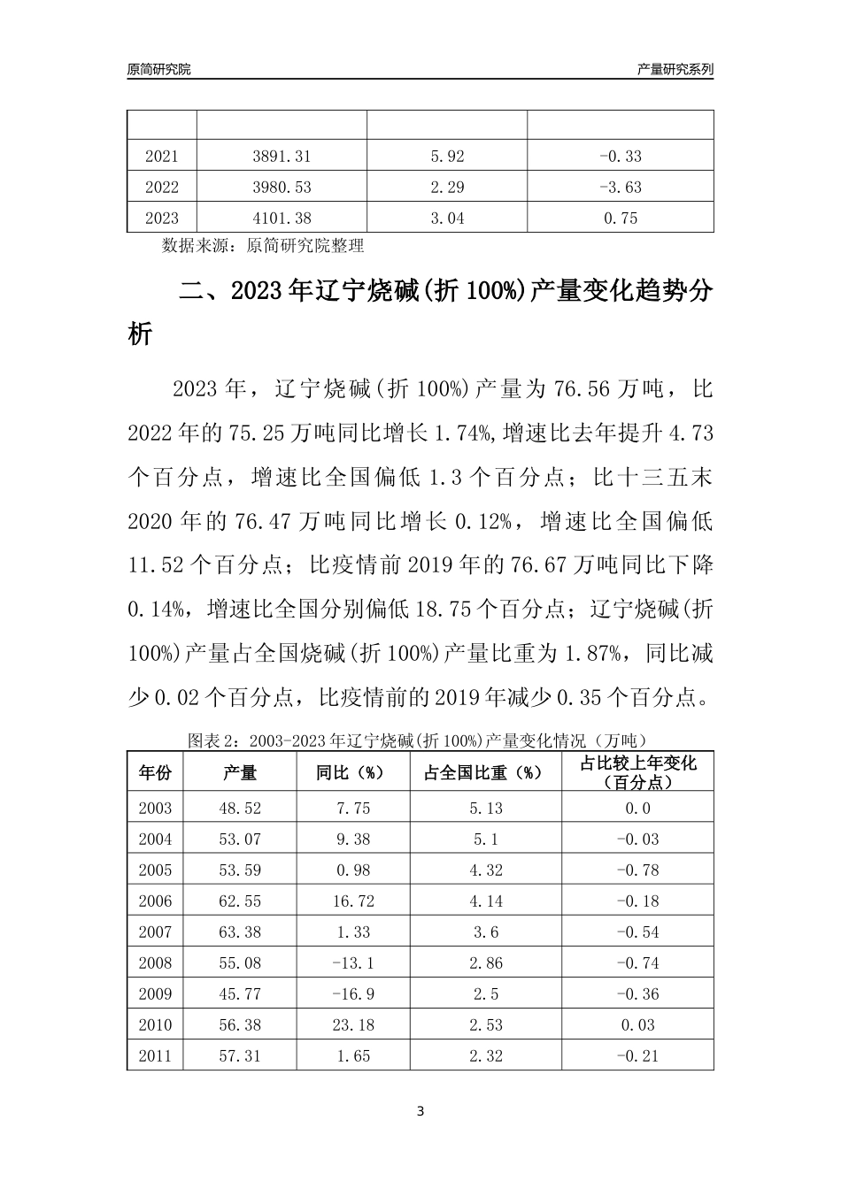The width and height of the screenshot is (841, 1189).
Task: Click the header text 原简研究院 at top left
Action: coord(158,69)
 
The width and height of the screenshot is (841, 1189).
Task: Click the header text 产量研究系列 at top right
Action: coord(675,69)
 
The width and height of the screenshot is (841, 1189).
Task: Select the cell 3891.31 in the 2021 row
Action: coord(282,157)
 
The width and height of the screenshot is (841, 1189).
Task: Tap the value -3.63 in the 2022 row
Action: coord(620,188)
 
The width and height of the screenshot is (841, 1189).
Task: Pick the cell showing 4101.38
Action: coord(282,219)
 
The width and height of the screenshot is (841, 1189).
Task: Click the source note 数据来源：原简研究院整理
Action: coord(263,245)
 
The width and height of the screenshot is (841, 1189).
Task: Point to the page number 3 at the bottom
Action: coord(420,1111)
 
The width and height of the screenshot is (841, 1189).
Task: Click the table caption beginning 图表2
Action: coord(420,739)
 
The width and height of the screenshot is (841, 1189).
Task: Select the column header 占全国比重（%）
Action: coord(485,772)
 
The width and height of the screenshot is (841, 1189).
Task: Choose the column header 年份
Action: coord(155,772)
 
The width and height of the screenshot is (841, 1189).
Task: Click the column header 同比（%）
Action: coord(352,772)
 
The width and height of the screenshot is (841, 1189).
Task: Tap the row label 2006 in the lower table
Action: coord(155,901)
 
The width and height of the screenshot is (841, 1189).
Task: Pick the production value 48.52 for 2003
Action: coord(240,809)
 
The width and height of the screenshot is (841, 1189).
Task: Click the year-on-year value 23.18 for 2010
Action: coord(352,1025)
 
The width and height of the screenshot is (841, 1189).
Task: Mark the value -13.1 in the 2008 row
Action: coord(352,963)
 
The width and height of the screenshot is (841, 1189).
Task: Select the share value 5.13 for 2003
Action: coord(486,809)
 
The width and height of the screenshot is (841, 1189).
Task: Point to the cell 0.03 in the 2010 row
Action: coord(637,1025)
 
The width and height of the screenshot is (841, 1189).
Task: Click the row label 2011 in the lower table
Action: coord(155,1056)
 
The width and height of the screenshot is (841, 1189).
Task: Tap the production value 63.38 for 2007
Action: coord(240,932)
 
